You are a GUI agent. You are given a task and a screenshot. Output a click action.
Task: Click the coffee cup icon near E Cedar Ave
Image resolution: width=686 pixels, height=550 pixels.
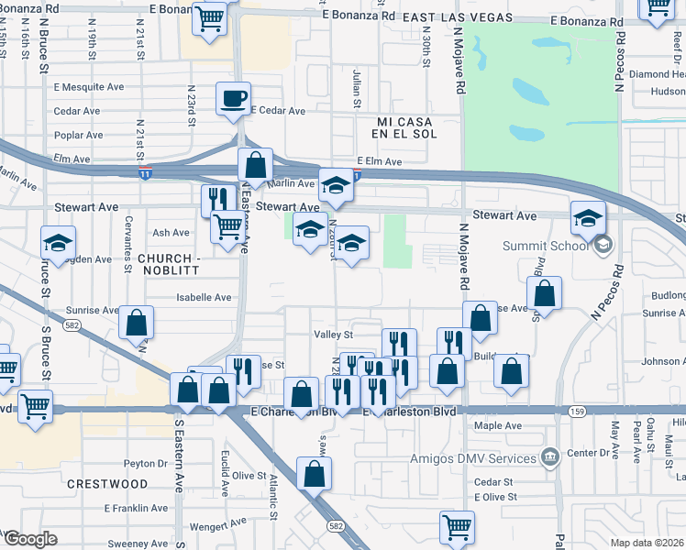tap(234, 97)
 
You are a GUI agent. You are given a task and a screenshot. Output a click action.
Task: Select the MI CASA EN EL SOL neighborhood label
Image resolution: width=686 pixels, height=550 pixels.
tap(406, 127)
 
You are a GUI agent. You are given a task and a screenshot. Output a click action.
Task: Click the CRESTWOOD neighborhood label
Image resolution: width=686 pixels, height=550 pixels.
tap(107, 483)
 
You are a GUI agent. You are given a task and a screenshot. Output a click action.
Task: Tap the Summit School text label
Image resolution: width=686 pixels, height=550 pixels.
tap(546, 246)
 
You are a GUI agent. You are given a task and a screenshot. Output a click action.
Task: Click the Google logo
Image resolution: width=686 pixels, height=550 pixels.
tap(29, 539)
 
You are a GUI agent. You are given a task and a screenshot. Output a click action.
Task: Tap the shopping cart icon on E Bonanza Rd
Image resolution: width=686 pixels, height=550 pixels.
tap(210, 16)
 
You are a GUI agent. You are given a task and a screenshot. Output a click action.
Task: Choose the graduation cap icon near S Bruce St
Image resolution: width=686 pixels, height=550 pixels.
tap(58, 243)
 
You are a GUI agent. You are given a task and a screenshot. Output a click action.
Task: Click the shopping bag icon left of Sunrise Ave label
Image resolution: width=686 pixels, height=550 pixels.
tap(136, 322)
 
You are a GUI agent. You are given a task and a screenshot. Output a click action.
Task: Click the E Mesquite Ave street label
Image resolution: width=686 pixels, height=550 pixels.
tap(89, 88)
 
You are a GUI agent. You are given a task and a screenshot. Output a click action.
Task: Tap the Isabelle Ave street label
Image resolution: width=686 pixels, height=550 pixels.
tap(205, 297)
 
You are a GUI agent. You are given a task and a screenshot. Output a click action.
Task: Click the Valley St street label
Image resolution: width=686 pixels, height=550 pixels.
tap(333, 335)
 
